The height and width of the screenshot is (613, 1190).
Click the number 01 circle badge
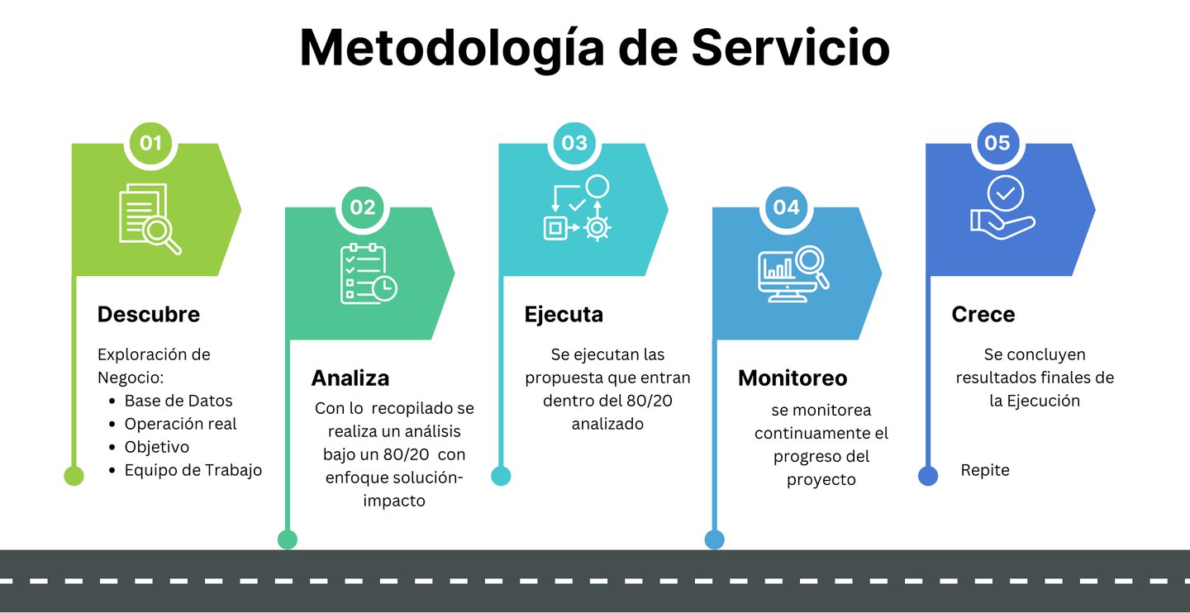coord(150,143)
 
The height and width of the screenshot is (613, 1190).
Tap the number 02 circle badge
coord(363,207)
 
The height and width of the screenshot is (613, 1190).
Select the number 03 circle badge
coord(574,143)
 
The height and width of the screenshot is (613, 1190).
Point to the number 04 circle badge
coord(787,207)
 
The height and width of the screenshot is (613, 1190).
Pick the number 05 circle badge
coord(997,143)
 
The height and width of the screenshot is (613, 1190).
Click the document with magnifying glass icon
coord(150,218)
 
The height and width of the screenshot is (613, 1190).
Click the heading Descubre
coord(149,315)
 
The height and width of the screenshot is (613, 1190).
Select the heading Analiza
coord(350,378)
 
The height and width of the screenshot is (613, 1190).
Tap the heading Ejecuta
coord(564,315)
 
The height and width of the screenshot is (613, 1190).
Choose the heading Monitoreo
coord(793,378)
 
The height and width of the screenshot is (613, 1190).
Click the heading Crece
coord(983,315)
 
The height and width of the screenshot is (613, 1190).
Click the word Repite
coord(985,471)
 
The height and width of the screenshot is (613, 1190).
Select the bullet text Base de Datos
coord(178,401)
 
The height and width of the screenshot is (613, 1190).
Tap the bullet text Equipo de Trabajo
coord(193,470)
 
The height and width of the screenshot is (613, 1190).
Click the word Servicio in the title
coord(791,48)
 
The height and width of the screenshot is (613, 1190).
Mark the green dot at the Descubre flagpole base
coord(74,476)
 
